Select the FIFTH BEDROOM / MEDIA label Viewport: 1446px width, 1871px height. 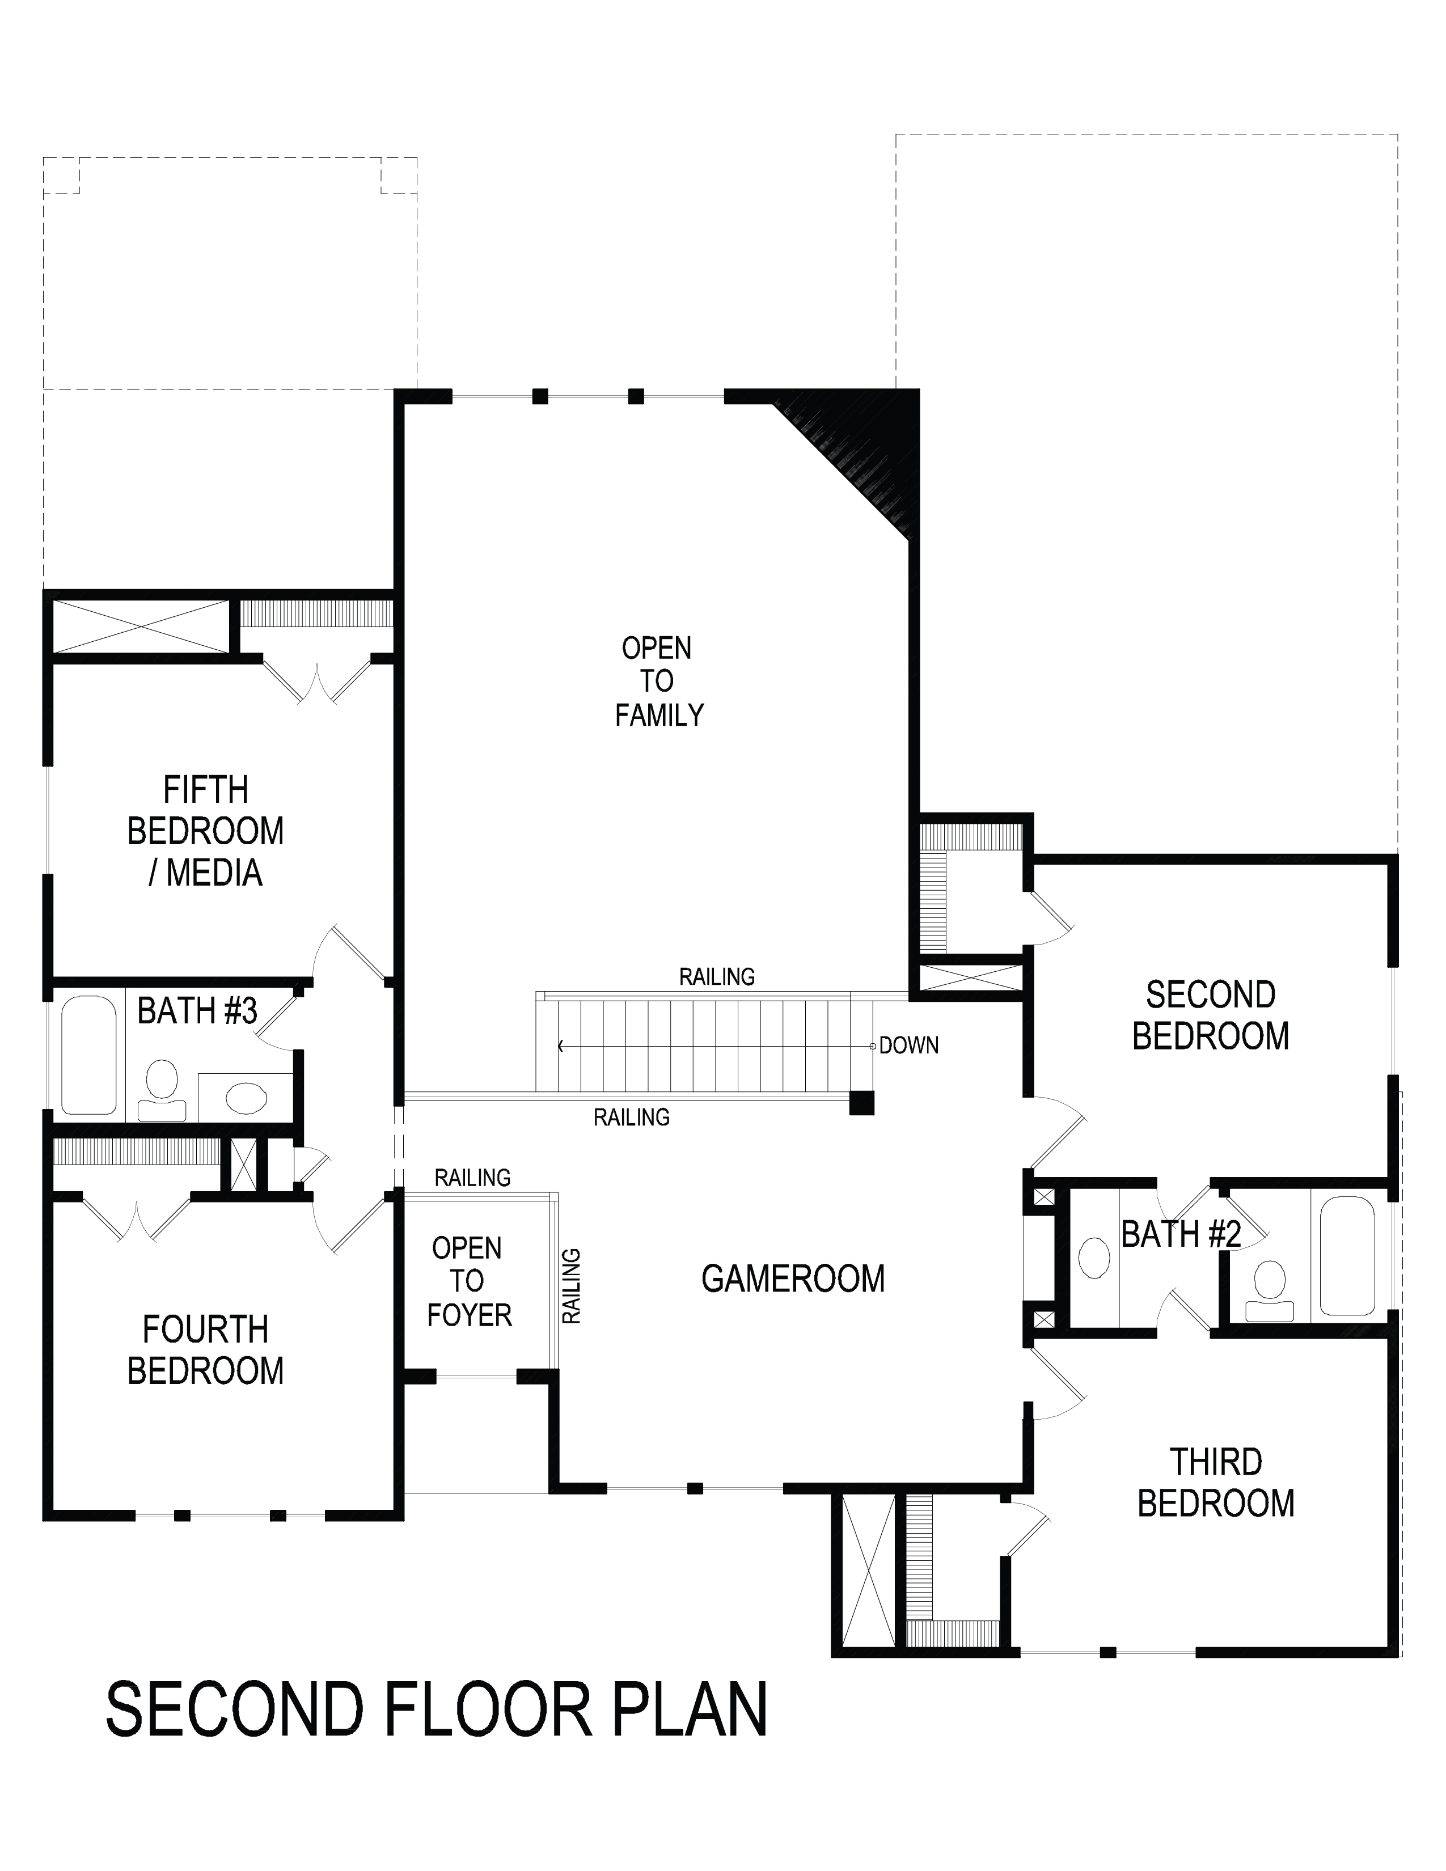pos(206,831)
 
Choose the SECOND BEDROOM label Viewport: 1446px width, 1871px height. pos(1211,1015)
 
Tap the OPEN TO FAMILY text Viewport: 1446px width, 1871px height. pos(658,681)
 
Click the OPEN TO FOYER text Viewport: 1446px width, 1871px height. pos(468,1281)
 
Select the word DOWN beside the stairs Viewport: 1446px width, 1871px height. pos(909,1045)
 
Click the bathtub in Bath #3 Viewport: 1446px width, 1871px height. pos(89,1055)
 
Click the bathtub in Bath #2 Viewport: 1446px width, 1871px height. pos(1347,1256)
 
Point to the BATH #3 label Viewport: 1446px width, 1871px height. pos(197,1011)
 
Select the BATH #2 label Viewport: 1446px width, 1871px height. pos(1181,1234)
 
